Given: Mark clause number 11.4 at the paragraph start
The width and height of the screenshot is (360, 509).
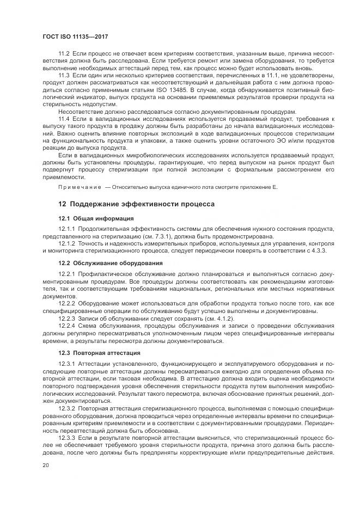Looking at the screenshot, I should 64,118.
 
